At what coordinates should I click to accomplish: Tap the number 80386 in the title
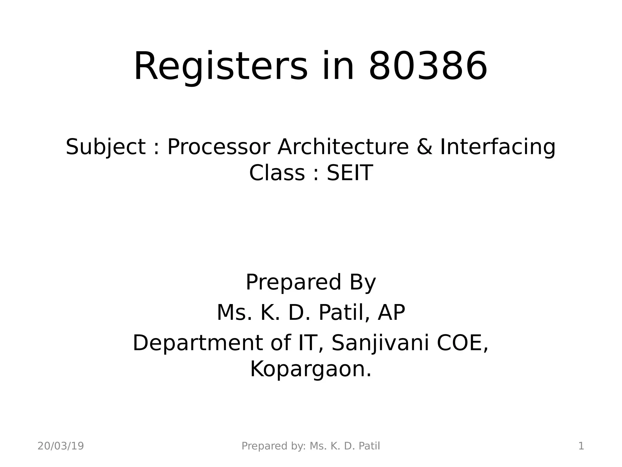pos(428,67)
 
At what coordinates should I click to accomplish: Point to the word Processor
pos(219,147)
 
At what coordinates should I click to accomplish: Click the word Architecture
pos(343,147)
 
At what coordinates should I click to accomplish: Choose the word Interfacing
pos(497,147)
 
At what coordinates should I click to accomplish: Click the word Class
pos(277,173)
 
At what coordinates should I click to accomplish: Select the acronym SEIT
pos(350,173)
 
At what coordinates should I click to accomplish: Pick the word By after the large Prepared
pos(363,283)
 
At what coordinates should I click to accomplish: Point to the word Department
pos(197,343)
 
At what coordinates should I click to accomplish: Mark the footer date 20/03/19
pos(61,446)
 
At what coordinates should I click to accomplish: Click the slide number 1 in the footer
pos(581,446)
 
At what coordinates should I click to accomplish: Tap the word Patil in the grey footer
pos(369,446)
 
